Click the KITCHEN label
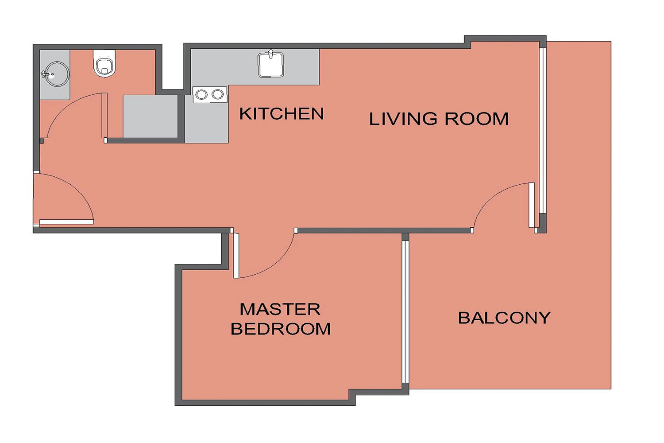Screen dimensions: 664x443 coord(281,114)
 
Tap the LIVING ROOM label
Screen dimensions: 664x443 coord(439,119)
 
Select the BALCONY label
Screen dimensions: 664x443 coord(504,318)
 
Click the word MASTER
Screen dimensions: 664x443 coord(280,309)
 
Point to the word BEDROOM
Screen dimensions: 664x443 coord(281,329)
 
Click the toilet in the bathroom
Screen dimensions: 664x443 coord(104,63)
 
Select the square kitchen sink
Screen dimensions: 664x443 coord(271,65)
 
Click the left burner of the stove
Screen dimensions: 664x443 coord(201,95)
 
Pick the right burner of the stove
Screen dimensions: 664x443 coord(218,94)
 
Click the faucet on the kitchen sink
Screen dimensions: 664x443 coord(270,54)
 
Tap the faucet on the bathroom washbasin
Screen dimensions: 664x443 coord(46,74)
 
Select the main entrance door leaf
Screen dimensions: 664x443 coord(66,221)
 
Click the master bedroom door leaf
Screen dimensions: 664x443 coord(236,256)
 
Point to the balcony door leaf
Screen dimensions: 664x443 coord(532,205)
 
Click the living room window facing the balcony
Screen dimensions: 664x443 coord(543,131)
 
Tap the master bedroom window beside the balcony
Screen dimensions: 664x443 coord(405,311)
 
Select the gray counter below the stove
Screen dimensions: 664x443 coord(207,123)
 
